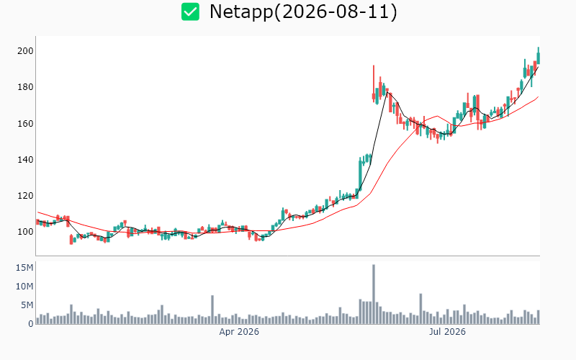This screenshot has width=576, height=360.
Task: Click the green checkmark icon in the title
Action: pyautogui.click(x=190, y=12)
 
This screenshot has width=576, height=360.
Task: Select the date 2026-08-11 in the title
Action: pyautogui.click(x=336, y=12)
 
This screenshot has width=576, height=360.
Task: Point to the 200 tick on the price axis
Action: pyautogui.click(x=25, y=50)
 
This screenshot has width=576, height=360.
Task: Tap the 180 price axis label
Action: pyautogui.click(x=25, y=87)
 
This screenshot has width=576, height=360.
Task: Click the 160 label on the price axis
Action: pyautogui.click(x=25, y=123)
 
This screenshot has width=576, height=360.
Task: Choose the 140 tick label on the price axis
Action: pyautogui.click(x=25, y=159)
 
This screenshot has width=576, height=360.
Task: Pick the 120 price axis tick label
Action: pyautogui.click(x=25, y=195)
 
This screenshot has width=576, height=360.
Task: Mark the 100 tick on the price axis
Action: pyautogui.click(x=25, y=232)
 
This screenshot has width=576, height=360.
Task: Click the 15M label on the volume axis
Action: pyautogui.click(x=24, y=267)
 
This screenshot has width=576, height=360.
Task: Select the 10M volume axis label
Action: pyautogui.click(x=24, y=286)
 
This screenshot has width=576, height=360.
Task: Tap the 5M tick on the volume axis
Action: pyautogui.click(x=27, y=305)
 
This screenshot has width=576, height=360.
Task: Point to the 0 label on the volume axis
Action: pyautogui.click(x=31, y=323)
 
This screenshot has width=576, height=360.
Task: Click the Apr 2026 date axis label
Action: pyautogui.click(x=239, y=332)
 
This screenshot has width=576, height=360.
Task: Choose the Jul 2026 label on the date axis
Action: pyautogui.click(x=447, y=332)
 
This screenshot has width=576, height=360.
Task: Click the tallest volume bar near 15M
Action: pyautogui.click(x=374, y=294)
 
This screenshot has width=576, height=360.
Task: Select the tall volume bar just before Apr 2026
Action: pyautogui.click(x=212, y=310)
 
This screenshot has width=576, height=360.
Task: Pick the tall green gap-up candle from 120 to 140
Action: pyautogui.click(x=360, y=174)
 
